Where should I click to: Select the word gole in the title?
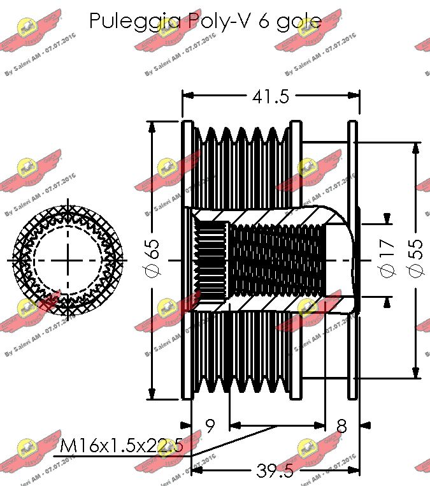[299, 22]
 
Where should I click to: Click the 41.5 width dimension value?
[271, 96]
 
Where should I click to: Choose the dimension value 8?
[342, 426]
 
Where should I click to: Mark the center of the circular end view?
[66, 260]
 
